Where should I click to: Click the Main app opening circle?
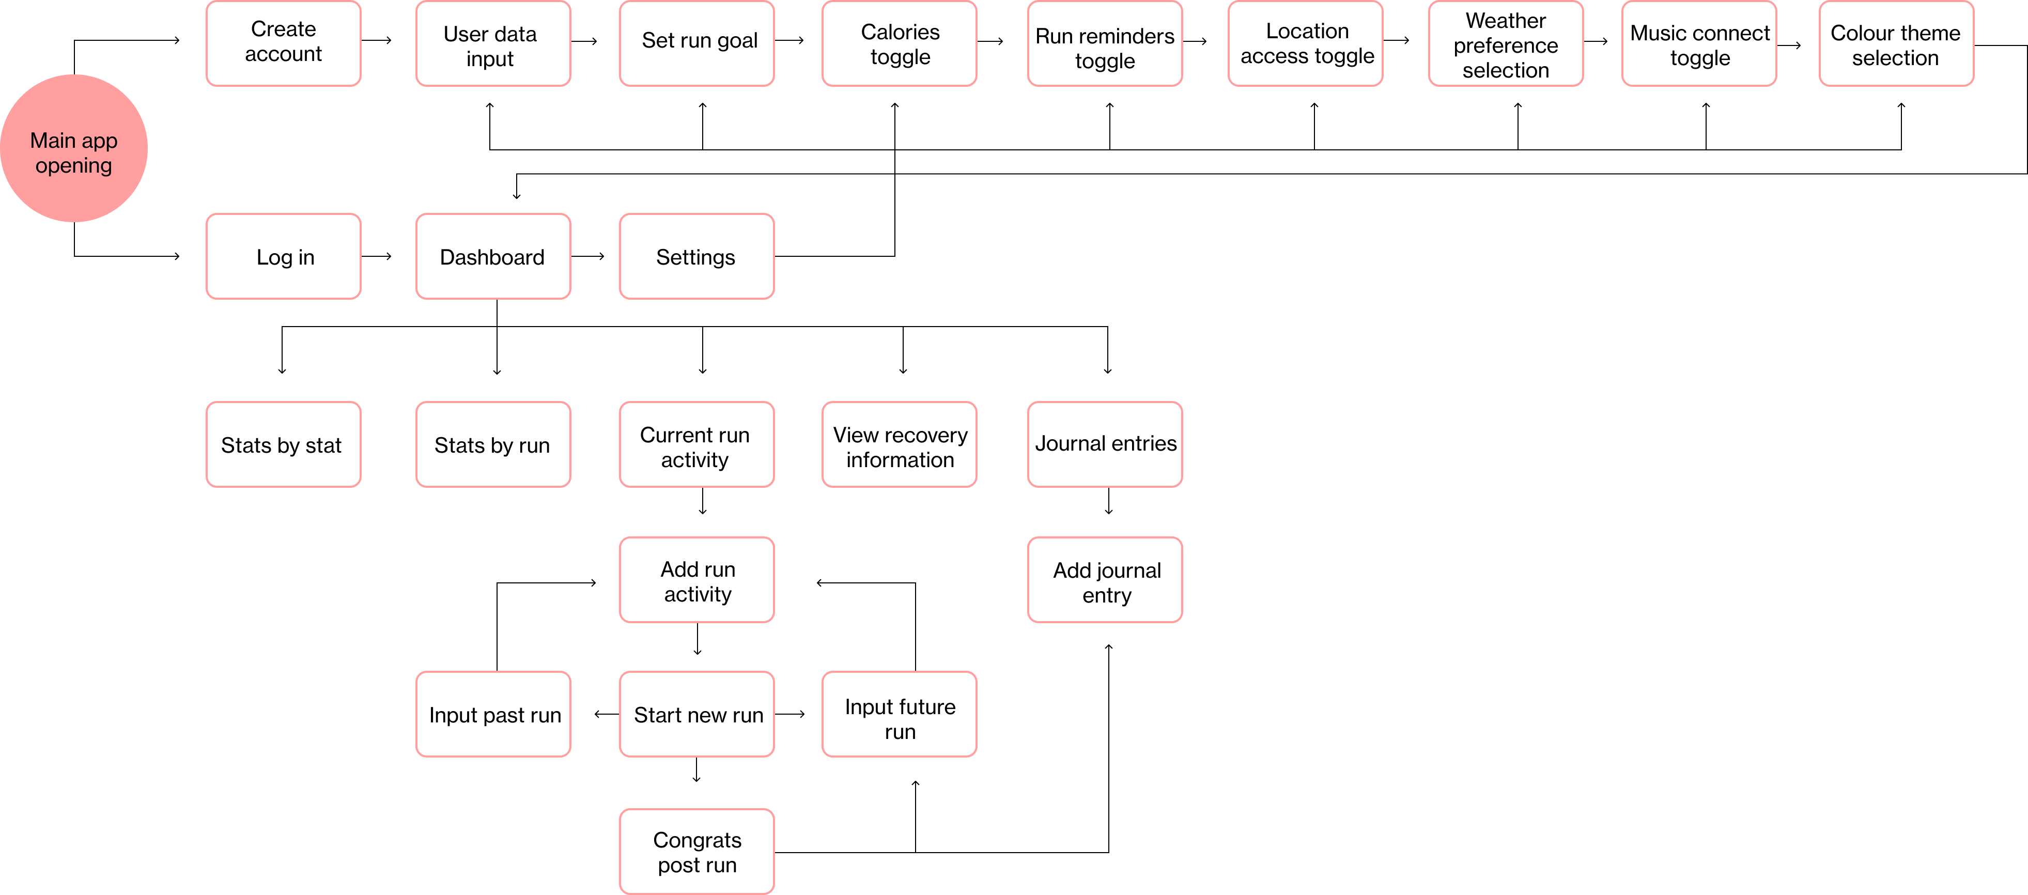73,148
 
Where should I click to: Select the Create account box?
284,43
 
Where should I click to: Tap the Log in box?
284,257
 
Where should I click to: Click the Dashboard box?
493,257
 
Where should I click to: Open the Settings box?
696,257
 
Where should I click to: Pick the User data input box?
493,43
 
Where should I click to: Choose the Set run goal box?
696,43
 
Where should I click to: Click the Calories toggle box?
899,43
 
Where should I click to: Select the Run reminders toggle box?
1105,43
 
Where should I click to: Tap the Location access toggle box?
1305,43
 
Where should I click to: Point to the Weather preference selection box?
1505,43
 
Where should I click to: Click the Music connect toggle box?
1699,43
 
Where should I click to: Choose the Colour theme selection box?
1896,43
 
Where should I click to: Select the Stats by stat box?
284,445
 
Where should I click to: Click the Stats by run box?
493,445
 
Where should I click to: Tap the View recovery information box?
899,445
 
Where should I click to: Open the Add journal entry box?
1105,580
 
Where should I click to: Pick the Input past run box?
493,714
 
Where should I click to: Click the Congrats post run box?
696,851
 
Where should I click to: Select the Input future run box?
899,714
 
